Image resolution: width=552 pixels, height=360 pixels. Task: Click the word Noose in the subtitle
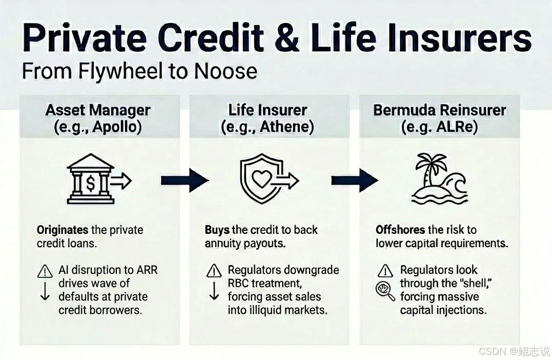click(226, 71)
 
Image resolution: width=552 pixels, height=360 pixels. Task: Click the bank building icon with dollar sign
click(91, 178)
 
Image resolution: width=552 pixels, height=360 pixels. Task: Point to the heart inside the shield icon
click(261, 179)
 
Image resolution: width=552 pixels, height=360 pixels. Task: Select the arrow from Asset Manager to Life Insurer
click(185, 181)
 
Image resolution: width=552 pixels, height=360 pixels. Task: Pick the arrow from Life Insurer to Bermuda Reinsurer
click(355, 181)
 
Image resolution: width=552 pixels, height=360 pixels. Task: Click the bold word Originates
click(63, 230)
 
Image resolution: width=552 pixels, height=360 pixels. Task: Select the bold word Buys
click(217, 230)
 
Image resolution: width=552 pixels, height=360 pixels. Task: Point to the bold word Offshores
click(400, 230)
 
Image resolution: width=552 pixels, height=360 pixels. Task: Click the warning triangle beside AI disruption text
click(45, 271)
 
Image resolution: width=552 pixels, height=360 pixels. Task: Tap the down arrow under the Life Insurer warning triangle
click(214, 291)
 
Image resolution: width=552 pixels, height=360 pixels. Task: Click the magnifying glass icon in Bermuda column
click(385, 292)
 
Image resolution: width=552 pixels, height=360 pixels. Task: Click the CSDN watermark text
click(493, 351)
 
